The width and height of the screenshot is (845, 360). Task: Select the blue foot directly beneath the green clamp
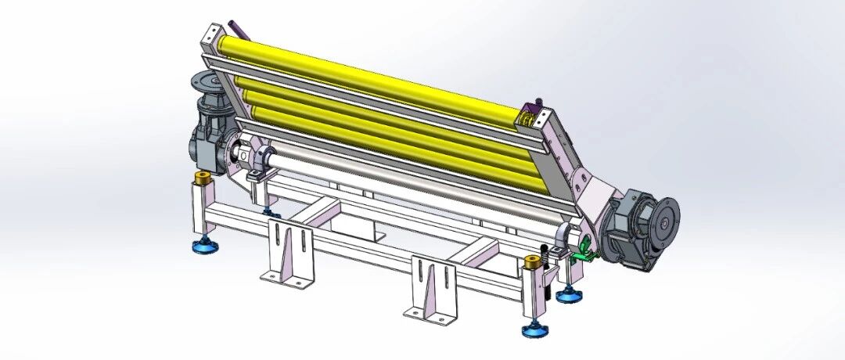click(569, 295)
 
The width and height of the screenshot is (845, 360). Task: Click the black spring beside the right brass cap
click(545, 255)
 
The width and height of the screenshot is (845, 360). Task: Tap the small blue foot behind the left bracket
click(268, 212)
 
